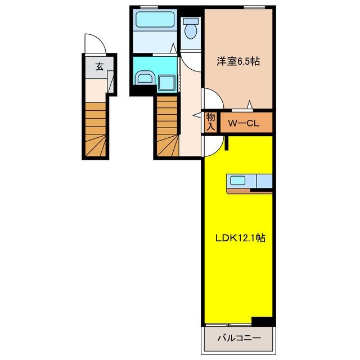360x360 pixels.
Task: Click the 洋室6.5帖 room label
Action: (238, 61)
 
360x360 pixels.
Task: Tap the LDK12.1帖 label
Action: (240, 238)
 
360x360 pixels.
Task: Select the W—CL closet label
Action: (244, 124)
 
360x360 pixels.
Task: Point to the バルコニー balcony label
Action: (239, 337)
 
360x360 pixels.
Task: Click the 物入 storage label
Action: (210, 122)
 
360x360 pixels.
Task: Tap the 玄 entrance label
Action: (100, 66)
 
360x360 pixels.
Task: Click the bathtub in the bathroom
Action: (155, 20)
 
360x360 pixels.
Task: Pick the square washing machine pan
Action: (167, 83)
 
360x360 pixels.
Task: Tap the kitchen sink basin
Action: (238, 181)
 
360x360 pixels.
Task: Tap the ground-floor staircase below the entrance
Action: (96, 129)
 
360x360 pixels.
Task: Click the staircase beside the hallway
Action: (168, 126)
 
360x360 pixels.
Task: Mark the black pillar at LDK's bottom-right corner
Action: (262, 321)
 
